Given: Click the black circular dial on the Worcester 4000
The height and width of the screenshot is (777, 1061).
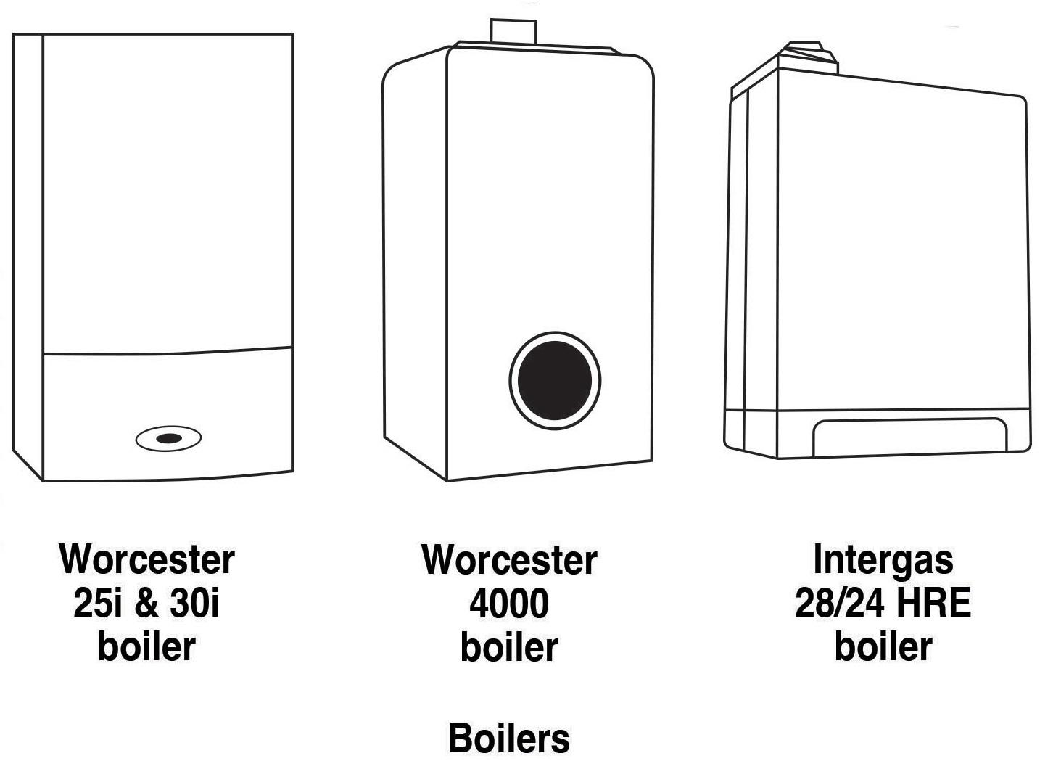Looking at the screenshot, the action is click(x=555, y=380).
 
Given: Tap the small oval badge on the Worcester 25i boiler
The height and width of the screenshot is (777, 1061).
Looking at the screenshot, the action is click(x=168, y=438).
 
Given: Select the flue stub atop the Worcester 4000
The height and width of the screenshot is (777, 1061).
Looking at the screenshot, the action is click(x=513, y=33).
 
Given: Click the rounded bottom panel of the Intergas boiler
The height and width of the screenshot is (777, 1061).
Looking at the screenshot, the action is click(x=909, y=437).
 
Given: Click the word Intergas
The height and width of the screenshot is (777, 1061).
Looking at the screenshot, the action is click(x=883, y=559).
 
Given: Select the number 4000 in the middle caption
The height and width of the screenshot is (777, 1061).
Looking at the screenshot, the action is click(x=509, y=604).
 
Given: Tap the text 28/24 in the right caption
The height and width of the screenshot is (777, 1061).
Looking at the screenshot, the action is click(x=838, y=603).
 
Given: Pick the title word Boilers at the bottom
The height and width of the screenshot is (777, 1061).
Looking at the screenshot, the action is click(x=509, y=739).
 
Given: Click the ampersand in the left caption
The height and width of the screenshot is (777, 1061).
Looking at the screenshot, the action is click(x=146, y=604).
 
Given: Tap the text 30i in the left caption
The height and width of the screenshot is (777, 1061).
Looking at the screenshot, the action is click(x=194, y=603).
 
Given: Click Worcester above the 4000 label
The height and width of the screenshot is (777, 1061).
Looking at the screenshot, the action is click(x=509, y=560).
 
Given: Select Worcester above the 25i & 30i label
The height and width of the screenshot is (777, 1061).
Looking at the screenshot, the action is click(x=146, y=559).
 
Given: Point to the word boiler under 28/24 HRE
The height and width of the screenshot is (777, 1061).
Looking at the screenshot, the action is click(x=883, y=646).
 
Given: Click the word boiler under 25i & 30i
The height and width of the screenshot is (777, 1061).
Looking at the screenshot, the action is click(x=146, y=646).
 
